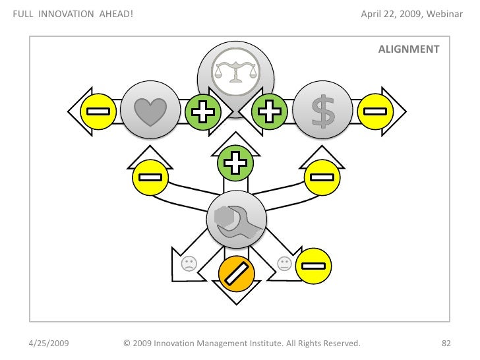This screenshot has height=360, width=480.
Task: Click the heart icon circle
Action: coord(151,110)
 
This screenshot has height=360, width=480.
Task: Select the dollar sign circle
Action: coord(322,110)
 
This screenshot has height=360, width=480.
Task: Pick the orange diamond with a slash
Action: coord(237,273)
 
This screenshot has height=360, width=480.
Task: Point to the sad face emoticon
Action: coord(189,264)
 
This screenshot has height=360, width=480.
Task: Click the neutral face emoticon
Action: coord(284,264)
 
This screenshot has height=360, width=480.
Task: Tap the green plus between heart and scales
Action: coord(202,111)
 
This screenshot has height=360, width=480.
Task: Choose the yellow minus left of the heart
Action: coord(98,111)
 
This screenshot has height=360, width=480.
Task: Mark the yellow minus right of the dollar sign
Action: coord(374,111)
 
